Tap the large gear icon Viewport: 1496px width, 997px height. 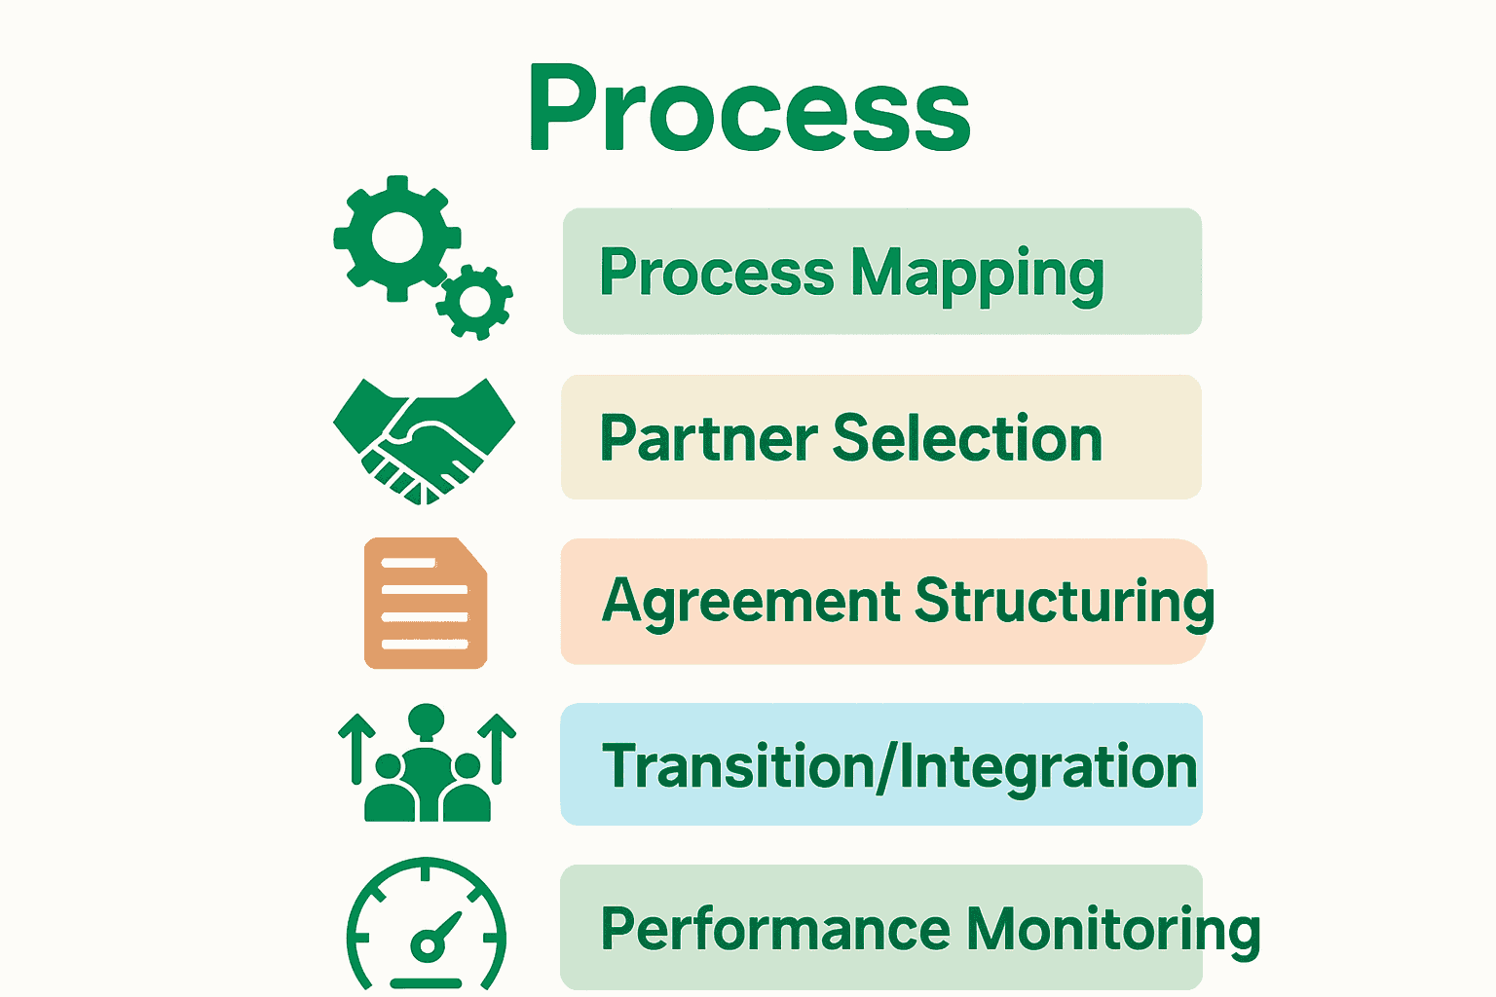(x=394, y=238)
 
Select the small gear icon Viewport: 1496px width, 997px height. (x=475, y=302)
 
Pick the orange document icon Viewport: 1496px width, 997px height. (x=426, y=603)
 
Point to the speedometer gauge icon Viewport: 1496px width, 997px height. (x=427, y=925)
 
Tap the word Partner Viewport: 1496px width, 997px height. (x=708, y=438)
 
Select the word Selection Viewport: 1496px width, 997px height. (x=967, y=438)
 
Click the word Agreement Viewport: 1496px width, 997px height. (x=751, y=602)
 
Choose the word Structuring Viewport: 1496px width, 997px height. (x=1065, y=602)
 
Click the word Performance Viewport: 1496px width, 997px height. (x=774, y=929)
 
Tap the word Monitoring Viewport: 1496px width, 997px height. (x=1113, y=929)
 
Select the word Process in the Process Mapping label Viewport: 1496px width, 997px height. (x=716, y=273)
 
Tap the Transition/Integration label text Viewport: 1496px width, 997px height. (x=899, y=766)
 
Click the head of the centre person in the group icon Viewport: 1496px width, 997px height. (x=427, y=721)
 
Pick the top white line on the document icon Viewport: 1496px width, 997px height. (x=409, y=564)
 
